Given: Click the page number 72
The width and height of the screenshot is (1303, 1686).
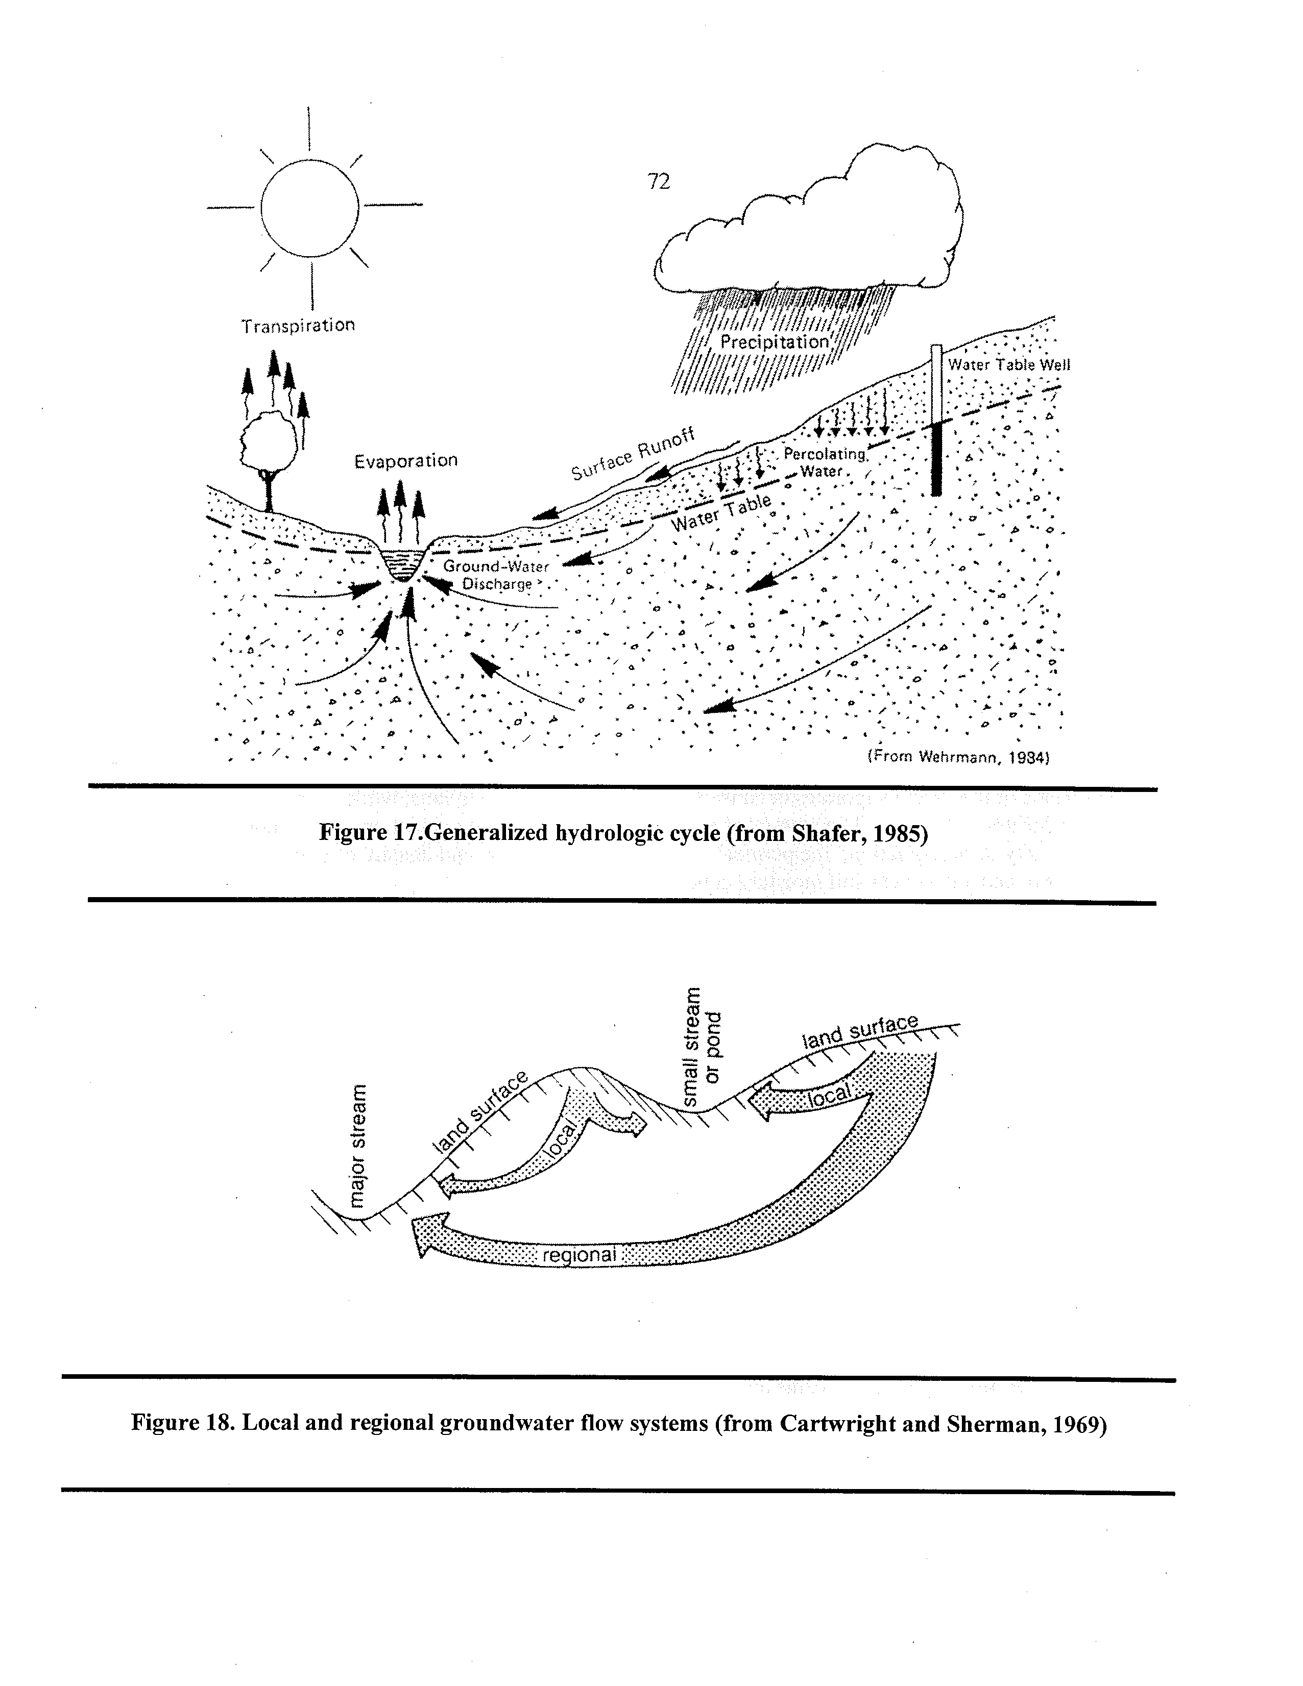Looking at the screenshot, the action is [658, 182].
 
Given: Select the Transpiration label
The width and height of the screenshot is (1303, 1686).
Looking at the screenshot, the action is [298, 326].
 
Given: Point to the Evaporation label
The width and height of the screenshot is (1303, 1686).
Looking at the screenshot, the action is [405, 461].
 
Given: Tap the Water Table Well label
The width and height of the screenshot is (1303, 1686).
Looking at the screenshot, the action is [1009, 364].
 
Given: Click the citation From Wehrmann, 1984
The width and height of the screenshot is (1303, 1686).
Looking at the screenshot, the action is [957, 757].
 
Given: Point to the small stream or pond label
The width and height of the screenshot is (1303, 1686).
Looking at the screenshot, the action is [702, 1046].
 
